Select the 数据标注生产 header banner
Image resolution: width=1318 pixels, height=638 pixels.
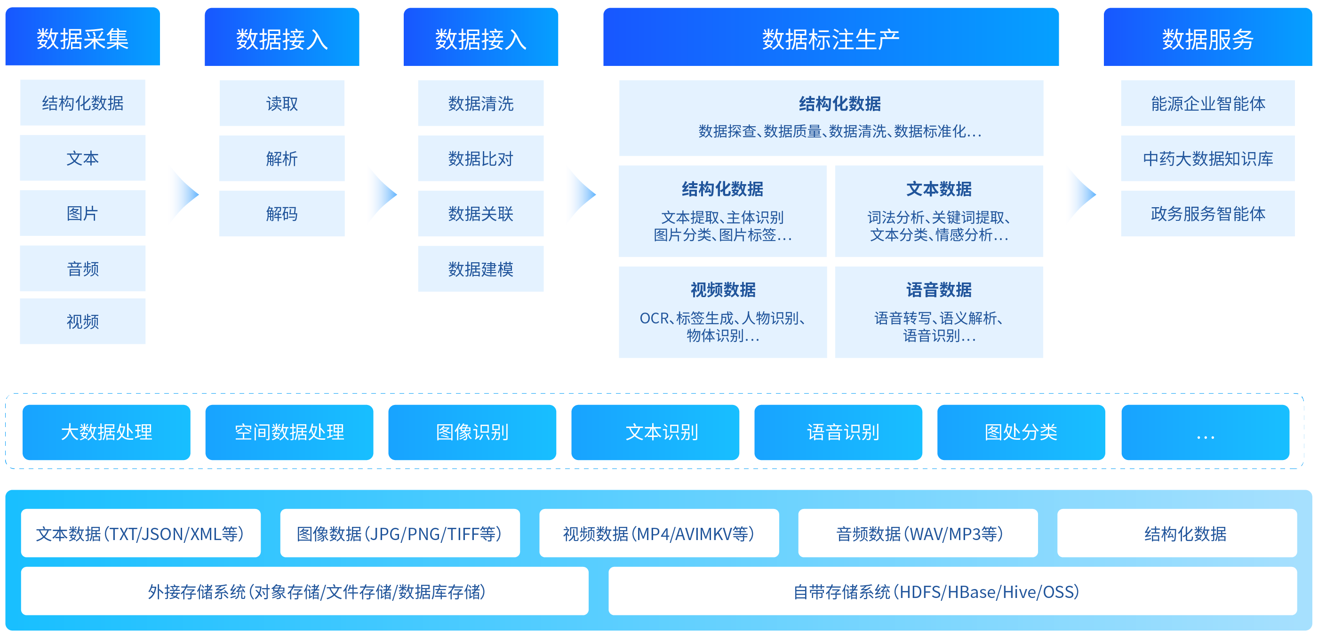(831, 39)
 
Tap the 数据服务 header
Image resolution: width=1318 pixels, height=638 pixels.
(1207, 39)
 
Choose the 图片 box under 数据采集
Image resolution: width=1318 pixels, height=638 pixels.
(82, 213)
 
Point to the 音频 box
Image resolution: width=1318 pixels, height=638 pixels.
(82, 268)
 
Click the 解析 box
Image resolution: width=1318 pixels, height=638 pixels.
(281, 158)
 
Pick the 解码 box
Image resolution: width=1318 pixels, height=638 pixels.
(281, 213)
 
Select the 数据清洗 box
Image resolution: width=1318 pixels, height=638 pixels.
(480, 104)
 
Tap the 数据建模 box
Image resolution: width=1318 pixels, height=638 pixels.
(480, 269)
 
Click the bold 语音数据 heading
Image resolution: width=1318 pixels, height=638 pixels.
(938, 290)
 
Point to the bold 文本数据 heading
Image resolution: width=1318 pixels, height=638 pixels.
(938, 189)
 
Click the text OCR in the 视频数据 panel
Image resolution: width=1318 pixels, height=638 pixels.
(654, 318)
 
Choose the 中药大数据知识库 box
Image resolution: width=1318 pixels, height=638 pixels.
(1207, 158)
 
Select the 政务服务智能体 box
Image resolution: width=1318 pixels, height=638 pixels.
(1207, 213)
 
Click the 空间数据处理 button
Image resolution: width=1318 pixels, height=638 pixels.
(289, 432)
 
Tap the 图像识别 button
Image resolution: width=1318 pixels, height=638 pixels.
(472, 432)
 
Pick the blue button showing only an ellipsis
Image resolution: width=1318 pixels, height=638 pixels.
(1205, 432)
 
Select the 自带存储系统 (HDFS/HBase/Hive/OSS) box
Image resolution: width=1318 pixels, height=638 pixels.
(952, 591)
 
